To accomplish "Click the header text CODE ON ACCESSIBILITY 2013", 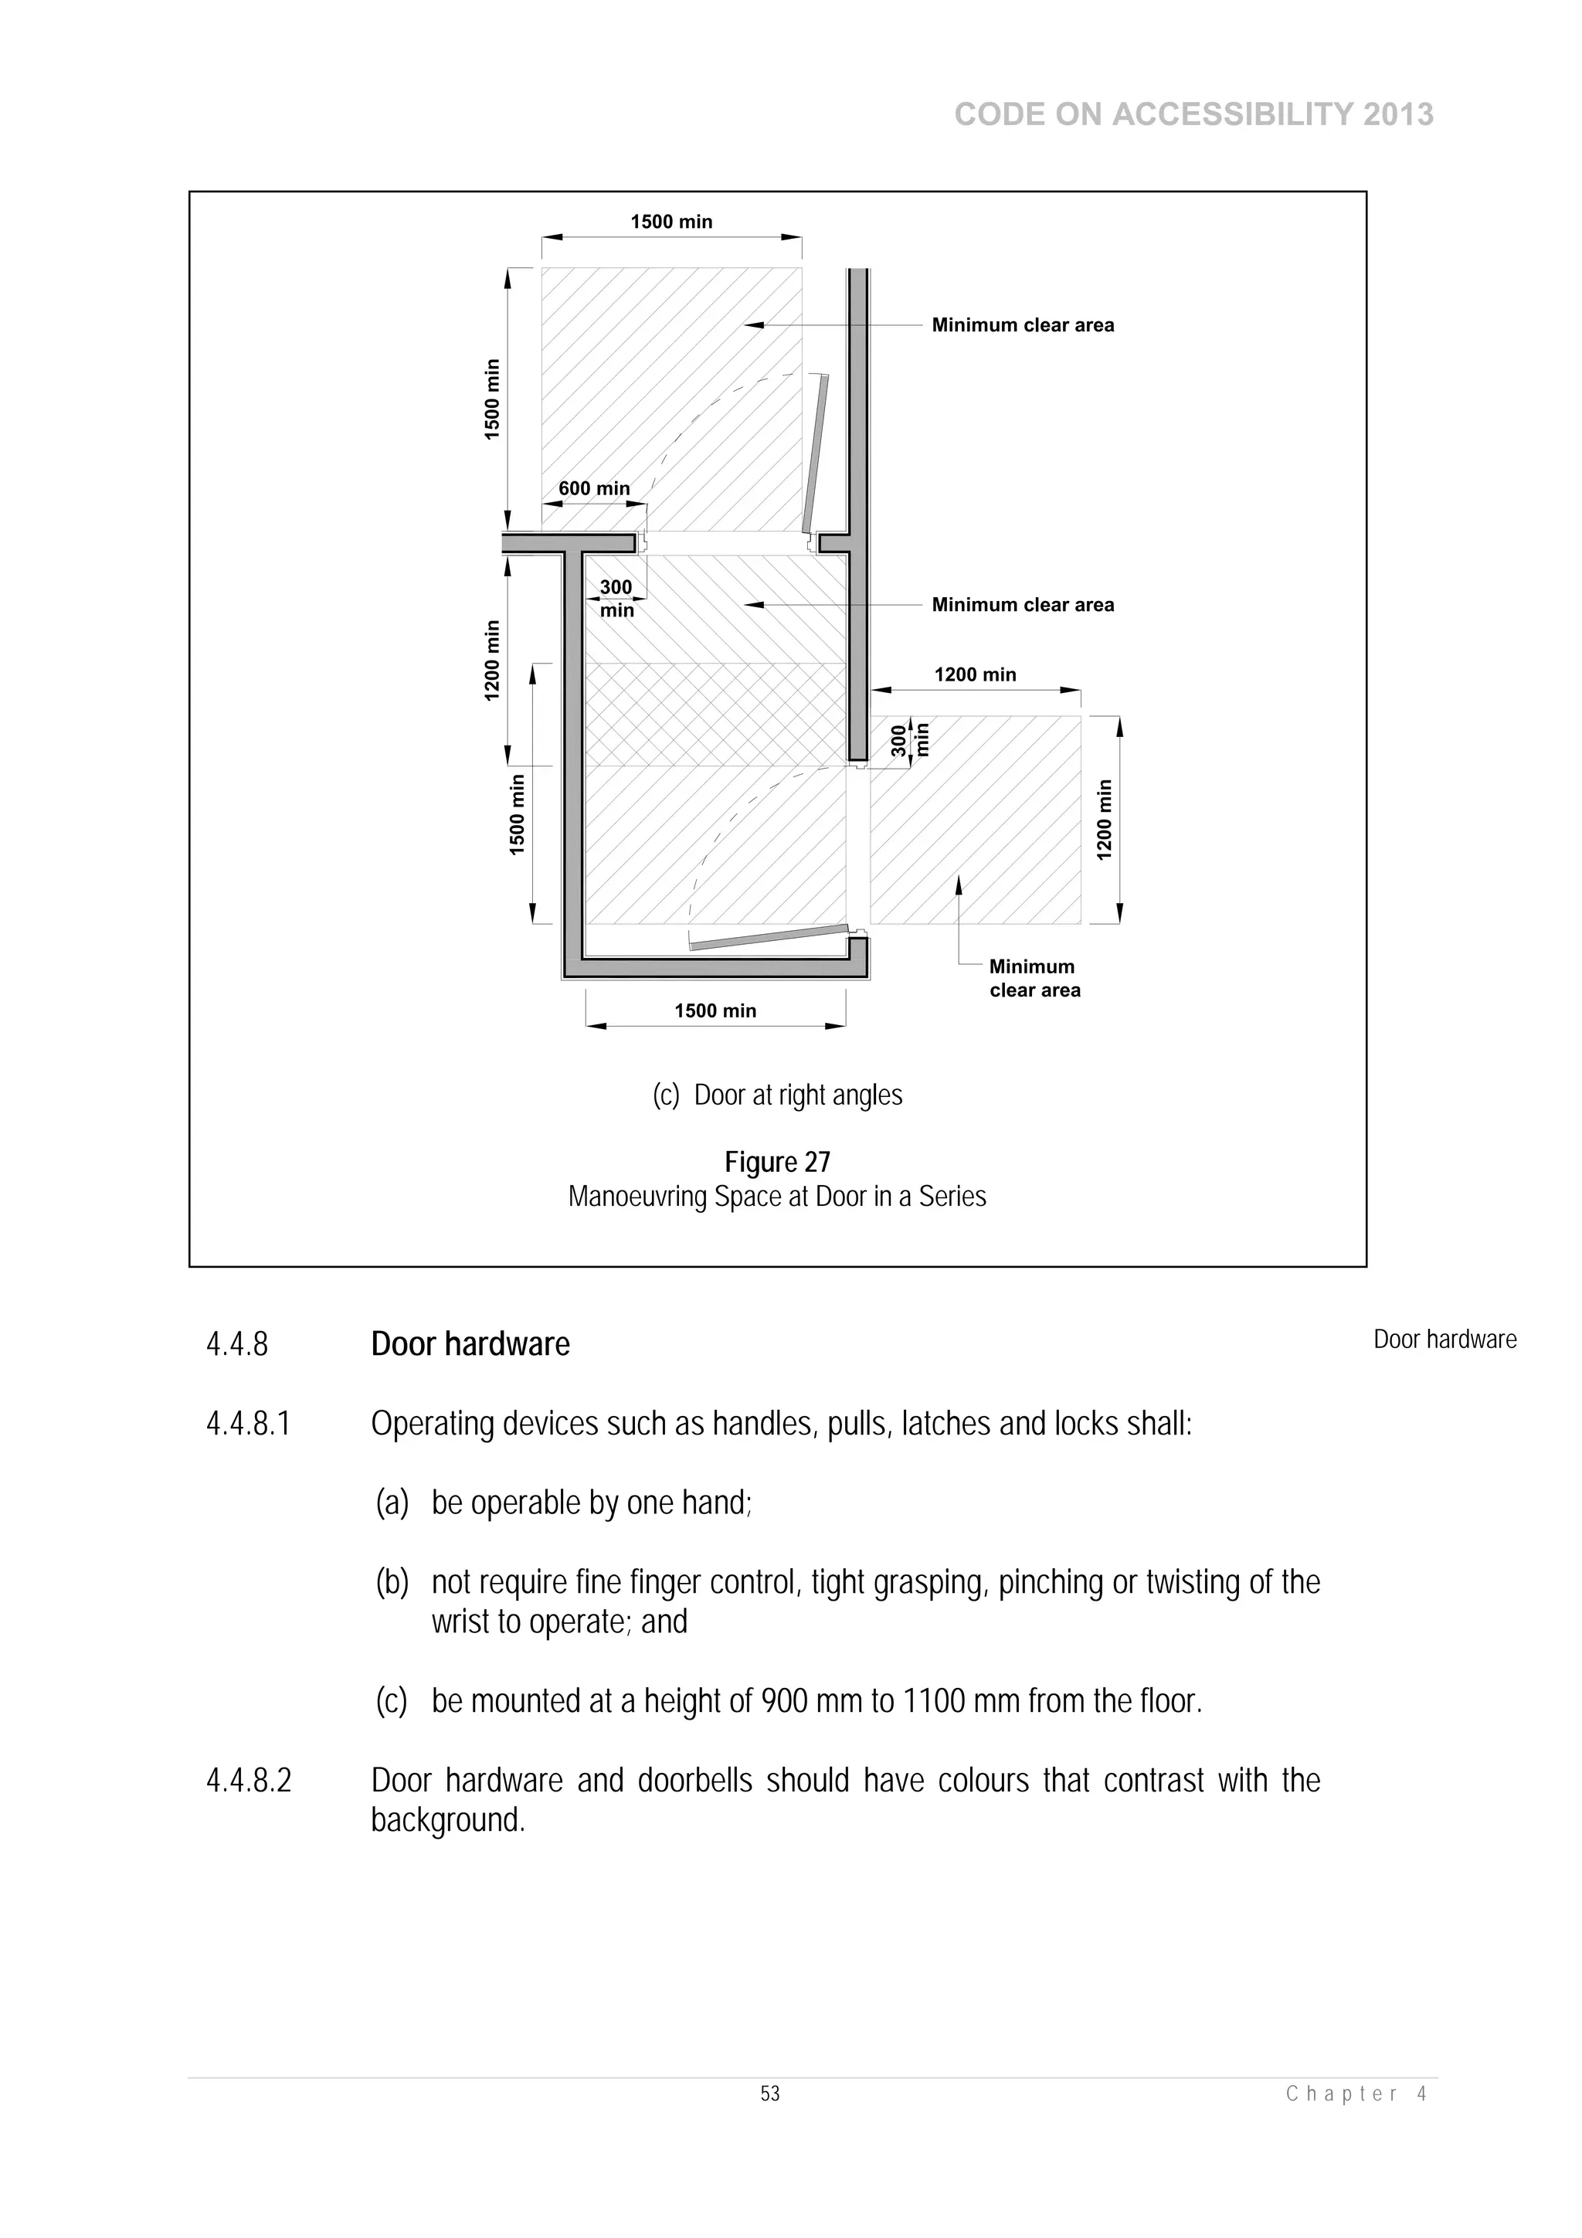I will point(1193,115).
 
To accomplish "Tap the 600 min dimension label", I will point(593,488).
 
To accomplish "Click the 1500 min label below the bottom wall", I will point(715,1010).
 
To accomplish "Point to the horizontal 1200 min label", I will point(975,674).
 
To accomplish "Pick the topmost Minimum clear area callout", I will point(1023,325).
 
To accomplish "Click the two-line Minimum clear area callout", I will point(1034,979).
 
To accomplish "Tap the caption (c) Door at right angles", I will point(777,1095).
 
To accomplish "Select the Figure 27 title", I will point(777,1162).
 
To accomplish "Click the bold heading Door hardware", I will point(470,1344).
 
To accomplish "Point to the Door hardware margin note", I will point(1445,1340).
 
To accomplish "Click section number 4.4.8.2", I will point(249,1781).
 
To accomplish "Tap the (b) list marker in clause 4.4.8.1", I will point(392,1582).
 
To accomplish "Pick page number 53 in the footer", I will point(770,2094).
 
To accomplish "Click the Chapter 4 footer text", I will point(1356,2094).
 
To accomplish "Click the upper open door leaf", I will point(816,453).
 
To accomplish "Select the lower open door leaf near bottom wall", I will point(767,937).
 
